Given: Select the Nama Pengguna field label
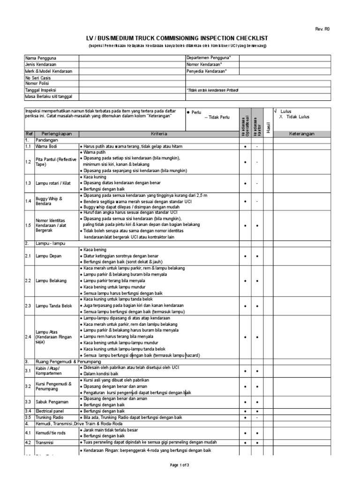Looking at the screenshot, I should click(37, 58).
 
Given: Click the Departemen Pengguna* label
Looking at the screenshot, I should click(205, 58).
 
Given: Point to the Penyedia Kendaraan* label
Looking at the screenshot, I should click(206, 71).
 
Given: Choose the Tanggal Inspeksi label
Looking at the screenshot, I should click(40, 90).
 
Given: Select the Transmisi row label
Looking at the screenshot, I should click(45, 442).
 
